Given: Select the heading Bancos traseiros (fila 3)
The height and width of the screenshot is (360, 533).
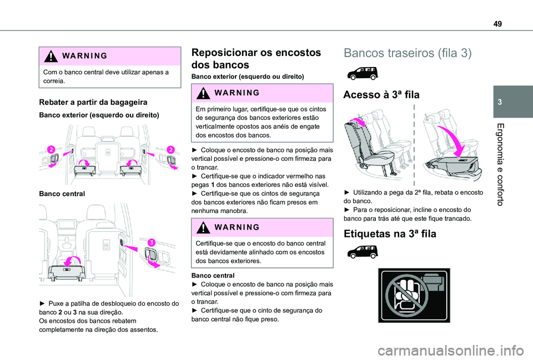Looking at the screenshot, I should (x=408, y=53).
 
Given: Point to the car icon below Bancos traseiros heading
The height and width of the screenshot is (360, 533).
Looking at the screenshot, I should (x=360, y=73).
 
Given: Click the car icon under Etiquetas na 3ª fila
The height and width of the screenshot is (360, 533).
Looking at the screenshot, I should (x=360, y=253).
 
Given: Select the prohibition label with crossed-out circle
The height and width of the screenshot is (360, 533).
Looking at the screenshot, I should (x=413, y=295).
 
